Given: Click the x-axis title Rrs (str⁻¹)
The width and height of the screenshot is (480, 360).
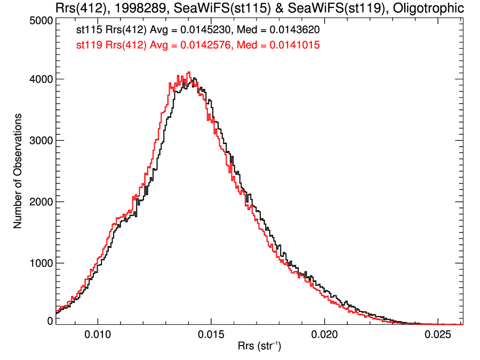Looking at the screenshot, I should coord(259,347).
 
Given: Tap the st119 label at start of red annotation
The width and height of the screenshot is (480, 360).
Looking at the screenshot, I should coord(89,46).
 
